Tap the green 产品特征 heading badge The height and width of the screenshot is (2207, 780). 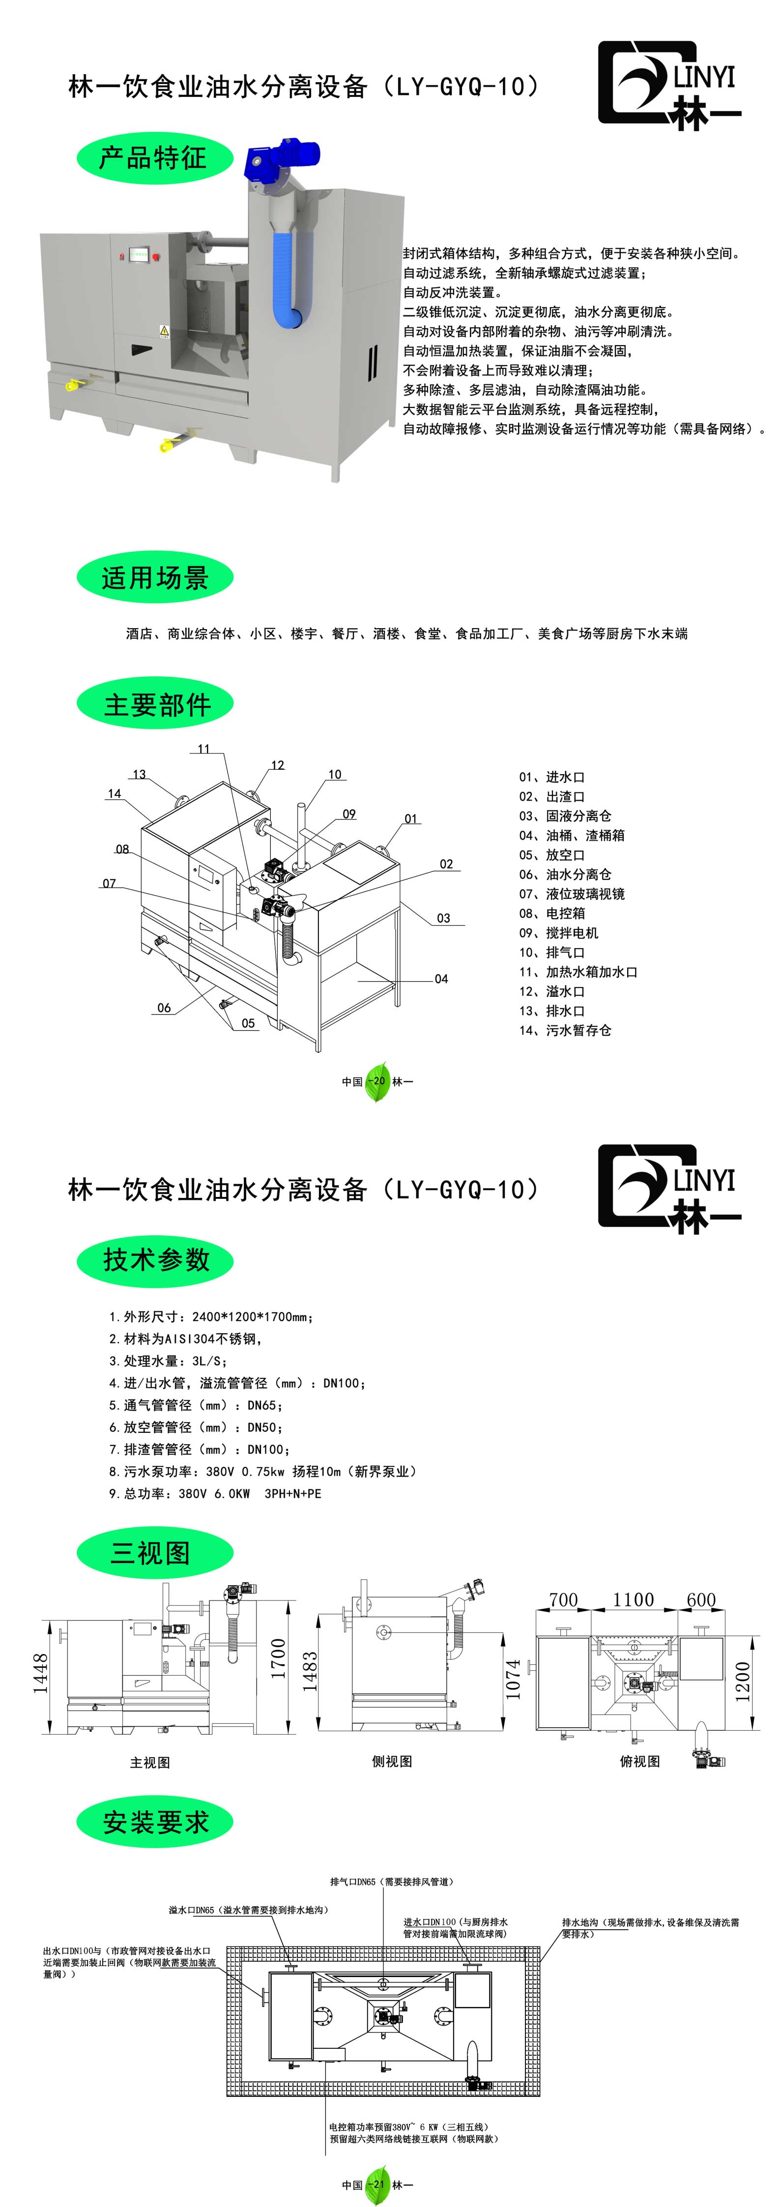(154, 158)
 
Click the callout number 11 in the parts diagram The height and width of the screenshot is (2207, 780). (203, 749)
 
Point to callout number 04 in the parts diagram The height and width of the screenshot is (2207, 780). (440, 979)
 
